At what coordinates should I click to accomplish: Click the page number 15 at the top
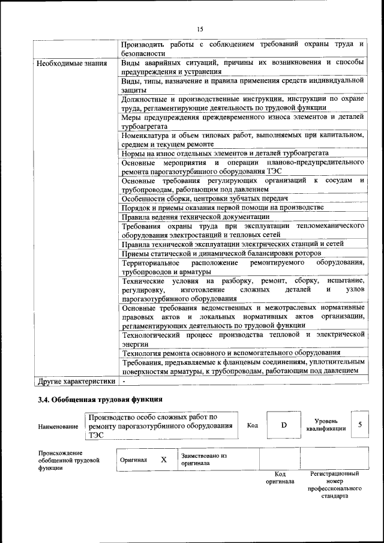pyautogui.click(x=200, y=29)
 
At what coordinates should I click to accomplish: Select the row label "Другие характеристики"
pyautogui.click(x=76, y=380)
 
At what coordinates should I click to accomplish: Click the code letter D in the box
pyautogui.click(x=284, y=425)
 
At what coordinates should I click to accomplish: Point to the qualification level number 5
pyautogui.click(x=359, y=425)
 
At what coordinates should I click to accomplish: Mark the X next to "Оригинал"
pyautogui.click(x=163, y=460)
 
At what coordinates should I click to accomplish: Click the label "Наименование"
pyautogui.click(x=58, y=426)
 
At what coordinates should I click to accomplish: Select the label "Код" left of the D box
pyautogui.click(x=253, y=425)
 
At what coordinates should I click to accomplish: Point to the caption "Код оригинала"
pyautogui.click(x=280, y=478)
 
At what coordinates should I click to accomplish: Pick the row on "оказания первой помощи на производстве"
pyautogui.click(x=222, y=207)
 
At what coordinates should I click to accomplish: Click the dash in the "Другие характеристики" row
pyautogui.click(x=123, y=380)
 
